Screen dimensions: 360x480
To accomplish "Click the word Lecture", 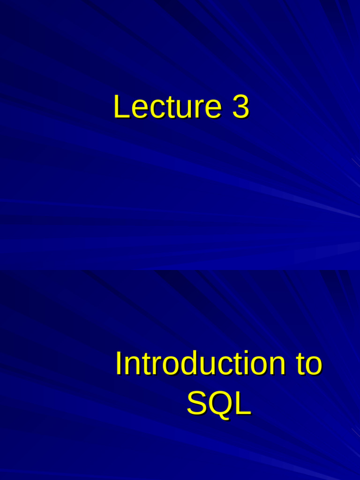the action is tap(167, 106).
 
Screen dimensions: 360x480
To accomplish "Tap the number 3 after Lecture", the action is tap(240, 106).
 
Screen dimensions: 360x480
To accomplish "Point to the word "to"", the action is tap(309, 364).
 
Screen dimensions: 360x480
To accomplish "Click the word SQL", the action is tap(219, 404).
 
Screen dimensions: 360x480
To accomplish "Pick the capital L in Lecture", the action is tap(121, 106).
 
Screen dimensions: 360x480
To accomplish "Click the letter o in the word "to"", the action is tap(314, 367).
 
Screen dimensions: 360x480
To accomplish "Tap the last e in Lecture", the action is tap(213, 110).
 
